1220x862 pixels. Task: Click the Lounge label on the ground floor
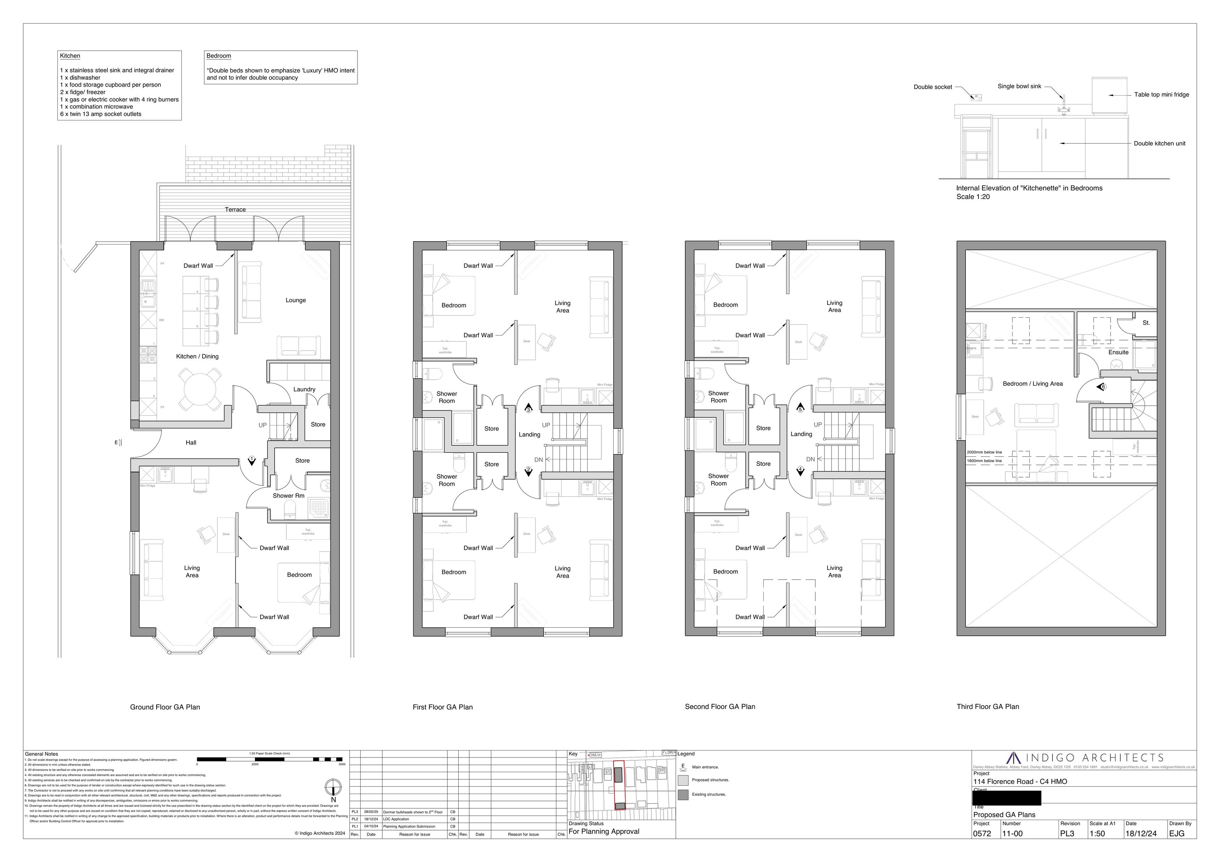pyautogui.click(x=295, y=300)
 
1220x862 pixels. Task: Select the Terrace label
pyautogui.click(x=235, y=209)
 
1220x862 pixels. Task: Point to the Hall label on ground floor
pyautogui.click(x=191, y=443)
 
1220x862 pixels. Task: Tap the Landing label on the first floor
pyautogui.click(x=529, y=435)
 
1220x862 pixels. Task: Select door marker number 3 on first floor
pyautogui.click(x=528, y=409)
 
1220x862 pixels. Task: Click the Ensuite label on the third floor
pyautogui.click(x=1118, y=352)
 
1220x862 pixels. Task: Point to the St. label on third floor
pyautogui.click(x=1146, y=323)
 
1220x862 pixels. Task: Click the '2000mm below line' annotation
pyautogui.click(x=985, y=452)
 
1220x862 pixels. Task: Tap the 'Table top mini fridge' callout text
pyautogui.click(x=1161, y=95)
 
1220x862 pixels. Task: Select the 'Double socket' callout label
pyautogui.click(x=932, y=87)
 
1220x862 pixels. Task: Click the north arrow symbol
pyautogui.click(x=333, y=787)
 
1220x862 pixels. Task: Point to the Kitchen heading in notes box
pyautogui.click(x=70, y=56)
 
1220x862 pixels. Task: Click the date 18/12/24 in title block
pyautogui.click(x=1140, y=833)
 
